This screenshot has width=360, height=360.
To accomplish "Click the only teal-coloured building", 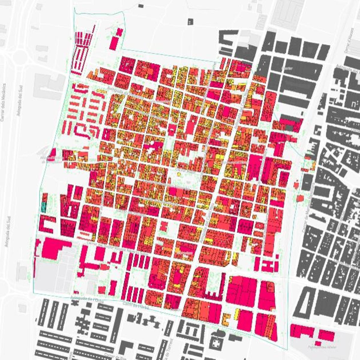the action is pyautogui.click(x=44, y=207).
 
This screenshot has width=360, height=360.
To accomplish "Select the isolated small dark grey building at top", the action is pyautogui.click(x=190, y=22).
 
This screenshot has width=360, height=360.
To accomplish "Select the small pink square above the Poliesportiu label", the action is pyautogui.click(x=318, y=343).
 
